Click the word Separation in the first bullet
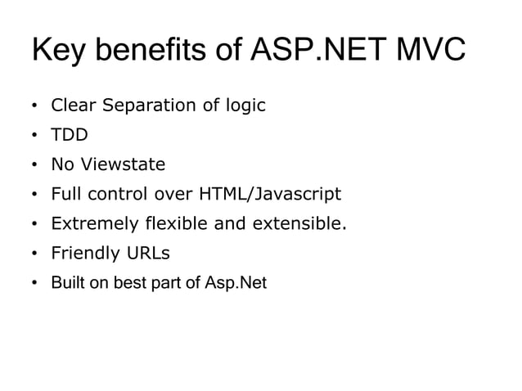pyautogui.click(x=150, y=106)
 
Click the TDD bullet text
pyautogui.click(x=70, y=135)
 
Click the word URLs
pyautogui.click(x=147, y=253)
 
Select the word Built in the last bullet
pyautogui.click(x=65, y=283)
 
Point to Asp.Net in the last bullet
pyautogui.click(x=237, y=283)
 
